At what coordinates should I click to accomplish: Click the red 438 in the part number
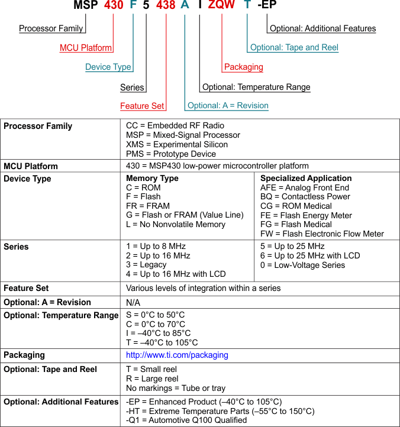[x=166, y=6]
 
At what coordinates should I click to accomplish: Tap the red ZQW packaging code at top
[x=222, y=6]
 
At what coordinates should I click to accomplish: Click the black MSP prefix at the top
[x=86, y=6]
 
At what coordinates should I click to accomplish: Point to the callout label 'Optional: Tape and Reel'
[x=294, y=48]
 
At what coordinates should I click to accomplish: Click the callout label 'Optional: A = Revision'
[x=228, y=106]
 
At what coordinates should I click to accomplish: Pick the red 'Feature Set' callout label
[x=142, y=106]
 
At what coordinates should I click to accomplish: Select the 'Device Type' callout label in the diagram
[x=108, y=67]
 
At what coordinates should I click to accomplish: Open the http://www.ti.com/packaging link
[x=177, y=355]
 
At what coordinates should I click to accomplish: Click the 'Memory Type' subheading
[x=152, y=178]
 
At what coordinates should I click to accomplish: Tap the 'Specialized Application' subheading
[x=306, y=178]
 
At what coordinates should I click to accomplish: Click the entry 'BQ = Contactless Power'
[x=305, y=196]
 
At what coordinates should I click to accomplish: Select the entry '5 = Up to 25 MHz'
[x=292, y=246]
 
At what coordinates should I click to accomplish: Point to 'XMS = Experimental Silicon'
[x=177, y=144]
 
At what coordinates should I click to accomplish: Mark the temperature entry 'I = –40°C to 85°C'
[x=158, y=334]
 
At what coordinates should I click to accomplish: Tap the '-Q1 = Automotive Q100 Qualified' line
[x=186, y=420]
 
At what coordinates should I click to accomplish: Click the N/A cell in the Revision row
[x=133, y=303]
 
